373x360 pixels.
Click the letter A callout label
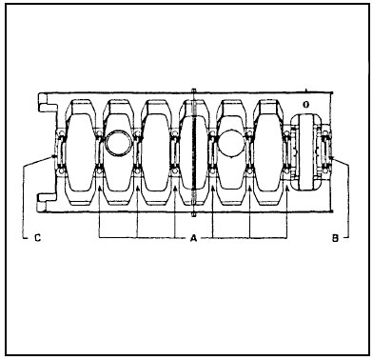(193, 238)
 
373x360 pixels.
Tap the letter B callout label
(335, 238)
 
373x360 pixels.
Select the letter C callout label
(37, 238)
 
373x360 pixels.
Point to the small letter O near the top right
(305, 105)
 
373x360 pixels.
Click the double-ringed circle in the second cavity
(118, 143)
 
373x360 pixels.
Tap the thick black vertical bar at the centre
(194, 152)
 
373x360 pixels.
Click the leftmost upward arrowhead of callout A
(99, 189)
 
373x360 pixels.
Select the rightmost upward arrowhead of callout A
(286, 189)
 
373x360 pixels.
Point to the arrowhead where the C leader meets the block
(54, 156)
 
